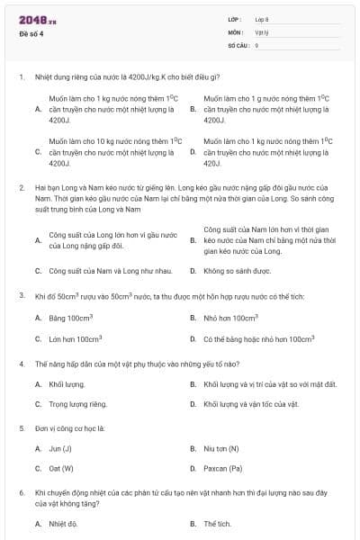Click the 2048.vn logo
37,20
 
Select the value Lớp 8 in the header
262,19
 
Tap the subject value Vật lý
262,31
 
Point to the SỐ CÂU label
237,44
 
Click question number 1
21,76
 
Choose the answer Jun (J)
60,448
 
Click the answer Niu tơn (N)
221,448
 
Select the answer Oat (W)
61,469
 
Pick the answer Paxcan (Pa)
223,469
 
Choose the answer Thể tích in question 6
218,523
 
